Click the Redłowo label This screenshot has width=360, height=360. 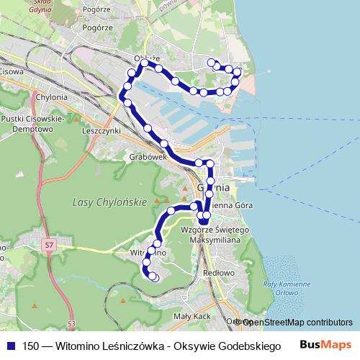(x=220, y=273)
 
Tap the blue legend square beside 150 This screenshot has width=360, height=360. (x=10, y=347)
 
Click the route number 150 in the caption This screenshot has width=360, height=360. (x=31, y=347)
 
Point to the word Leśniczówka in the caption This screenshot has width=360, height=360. (x=132, y=347)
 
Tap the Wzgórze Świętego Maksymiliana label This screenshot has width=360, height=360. (x=215, y=234)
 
